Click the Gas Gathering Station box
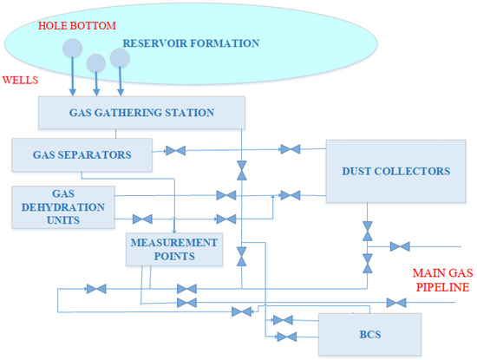pyautogui.click(x=141, y=113)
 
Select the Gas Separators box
pyautogui.click(x=82, y=154)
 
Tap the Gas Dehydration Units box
pyautogui.click(x=62, y=206)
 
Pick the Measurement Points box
pyautogui.click(x=173, y=249)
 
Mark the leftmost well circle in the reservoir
pyautogui.click(x=73, y=48)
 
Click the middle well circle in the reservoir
pyautogui.click(x=96, y=62)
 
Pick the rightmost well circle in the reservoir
pyautogui.click(x=120, y=57)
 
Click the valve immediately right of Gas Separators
pyautogui.click(x=175, y=151)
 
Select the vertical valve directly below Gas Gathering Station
pyautogui.click(x=242, y=167)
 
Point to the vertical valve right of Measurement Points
pyautogui.click(x=242, y=255)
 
